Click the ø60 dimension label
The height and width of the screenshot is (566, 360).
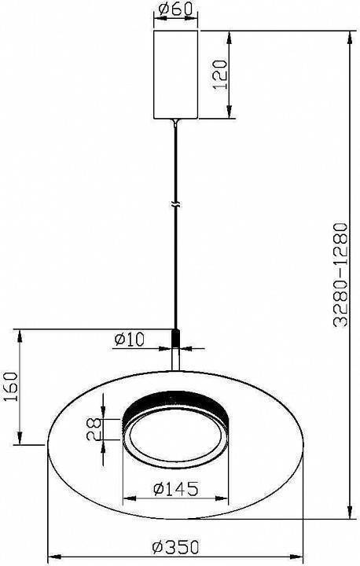coord(175,9)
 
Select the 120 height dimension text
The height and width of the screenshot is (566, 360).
coord(220,75)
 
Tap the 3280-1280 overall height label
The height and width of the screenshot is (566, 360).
coord(340,275)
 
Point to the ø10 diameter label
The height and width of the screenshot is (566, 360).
coord(129,340)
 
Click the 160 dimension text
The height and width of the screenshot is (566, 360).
coord(10,386)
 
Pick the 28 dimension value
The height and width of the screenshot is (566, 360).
coord(94,429)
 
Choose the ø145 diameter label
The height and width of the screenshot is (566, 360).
coord(176,489)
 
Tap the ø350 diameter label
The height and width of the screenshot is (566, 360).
coord(175,547)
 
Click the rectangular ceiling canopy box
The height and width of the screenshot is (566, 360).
coord(176,75)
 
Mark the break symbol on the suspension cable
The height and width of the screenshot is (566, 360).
coord(176,204)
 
